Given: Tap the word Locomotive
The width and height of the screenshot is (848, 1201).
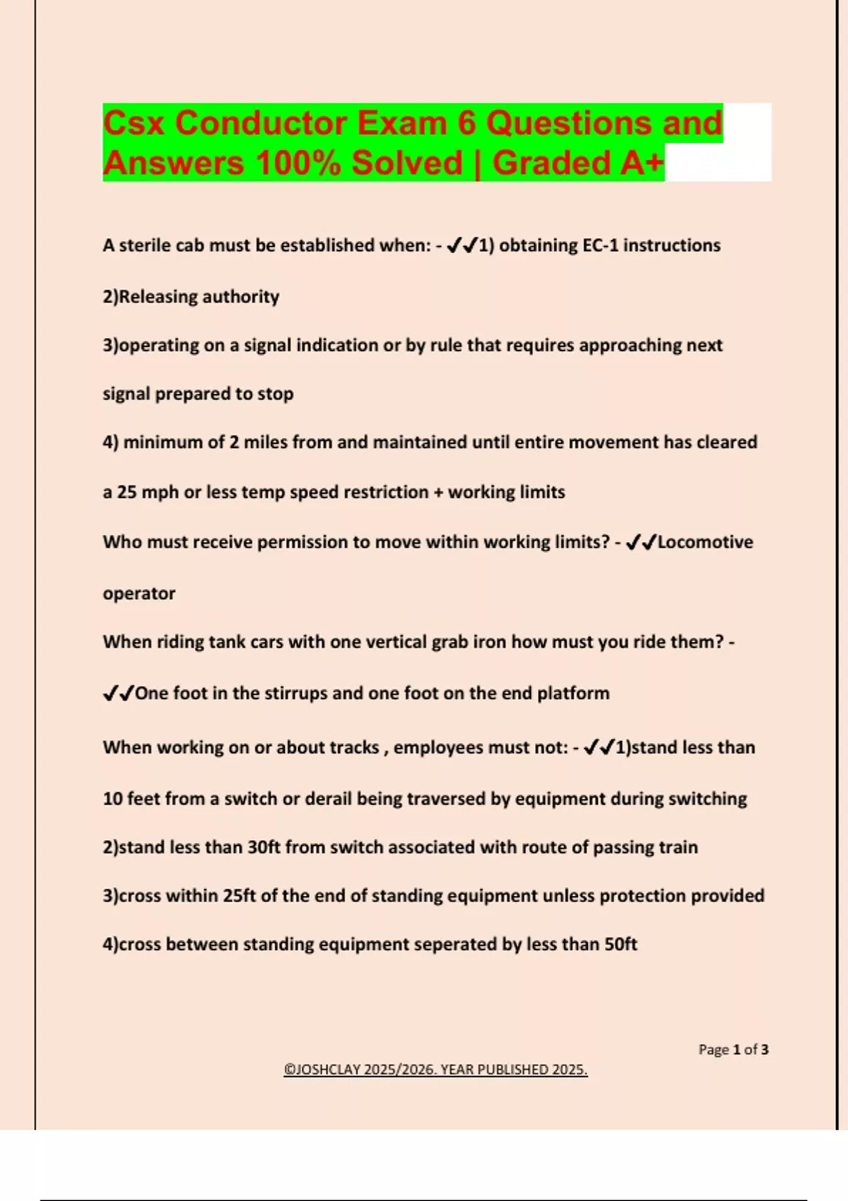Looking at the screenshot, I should pos(705,542).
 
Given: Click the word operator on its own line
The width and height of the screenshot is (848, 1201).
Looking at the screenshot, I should pos(139,593).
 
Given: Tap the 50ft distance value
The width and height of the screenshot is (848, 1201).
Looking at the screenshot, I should pos(620,945).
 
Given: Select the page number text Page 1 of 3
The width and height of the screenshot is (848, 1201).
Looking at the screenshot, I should pos(733,1050).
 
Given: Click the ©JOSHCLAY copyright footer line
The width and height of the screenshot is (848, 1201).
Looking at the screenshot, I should pos(435,1070).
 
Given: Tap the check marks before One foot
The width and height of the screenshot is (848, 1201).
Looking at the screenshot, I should pos(118,694).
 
